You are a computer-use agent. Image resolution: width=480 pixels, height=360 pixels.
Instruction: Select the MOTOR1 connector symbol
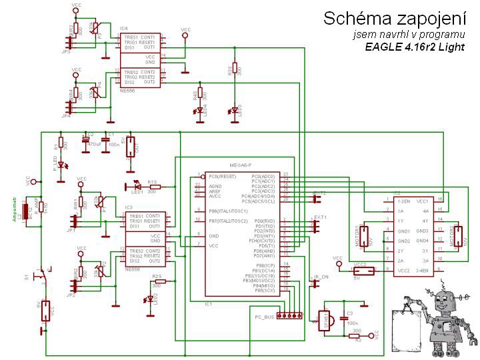[365, 237]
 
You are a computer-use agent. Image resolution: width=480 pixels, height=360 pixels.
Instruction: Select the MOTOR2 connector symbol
[457, 237]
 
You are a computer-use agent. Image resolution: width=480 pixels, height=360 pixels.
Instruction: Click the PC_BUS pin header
[288, 315]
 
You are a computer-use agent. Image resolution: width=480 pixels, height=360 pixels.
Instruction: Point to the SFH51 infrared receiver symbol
[327, 321]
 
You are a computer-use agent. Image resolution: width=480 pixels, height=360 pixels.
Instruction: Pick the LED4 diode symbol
[199, 113]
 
